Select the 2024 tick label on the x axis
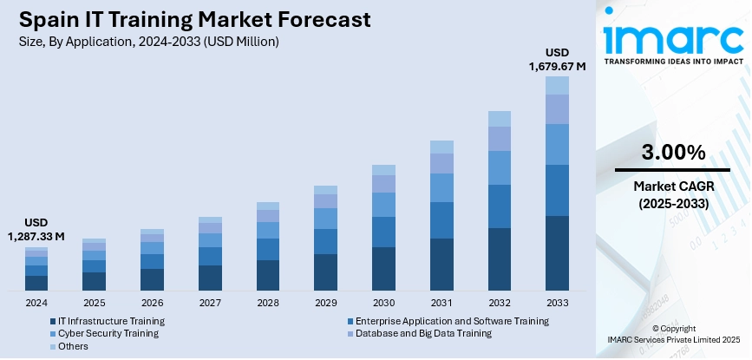pos(36,303)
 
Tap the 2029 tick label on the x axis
pos(325,303)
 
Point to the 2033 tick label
pos(557,303)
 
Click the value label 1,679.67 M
pos(557,65)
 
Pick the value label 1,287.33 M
pos(36,236)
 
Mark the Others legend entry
pos(73,346)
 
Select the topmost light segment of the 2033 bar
pos(557,85)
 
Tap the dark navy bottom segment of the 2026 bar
pos(152,279)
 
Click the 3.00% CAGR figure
pos(672,153)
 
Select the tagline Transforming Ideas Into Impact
pos(673,62)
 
